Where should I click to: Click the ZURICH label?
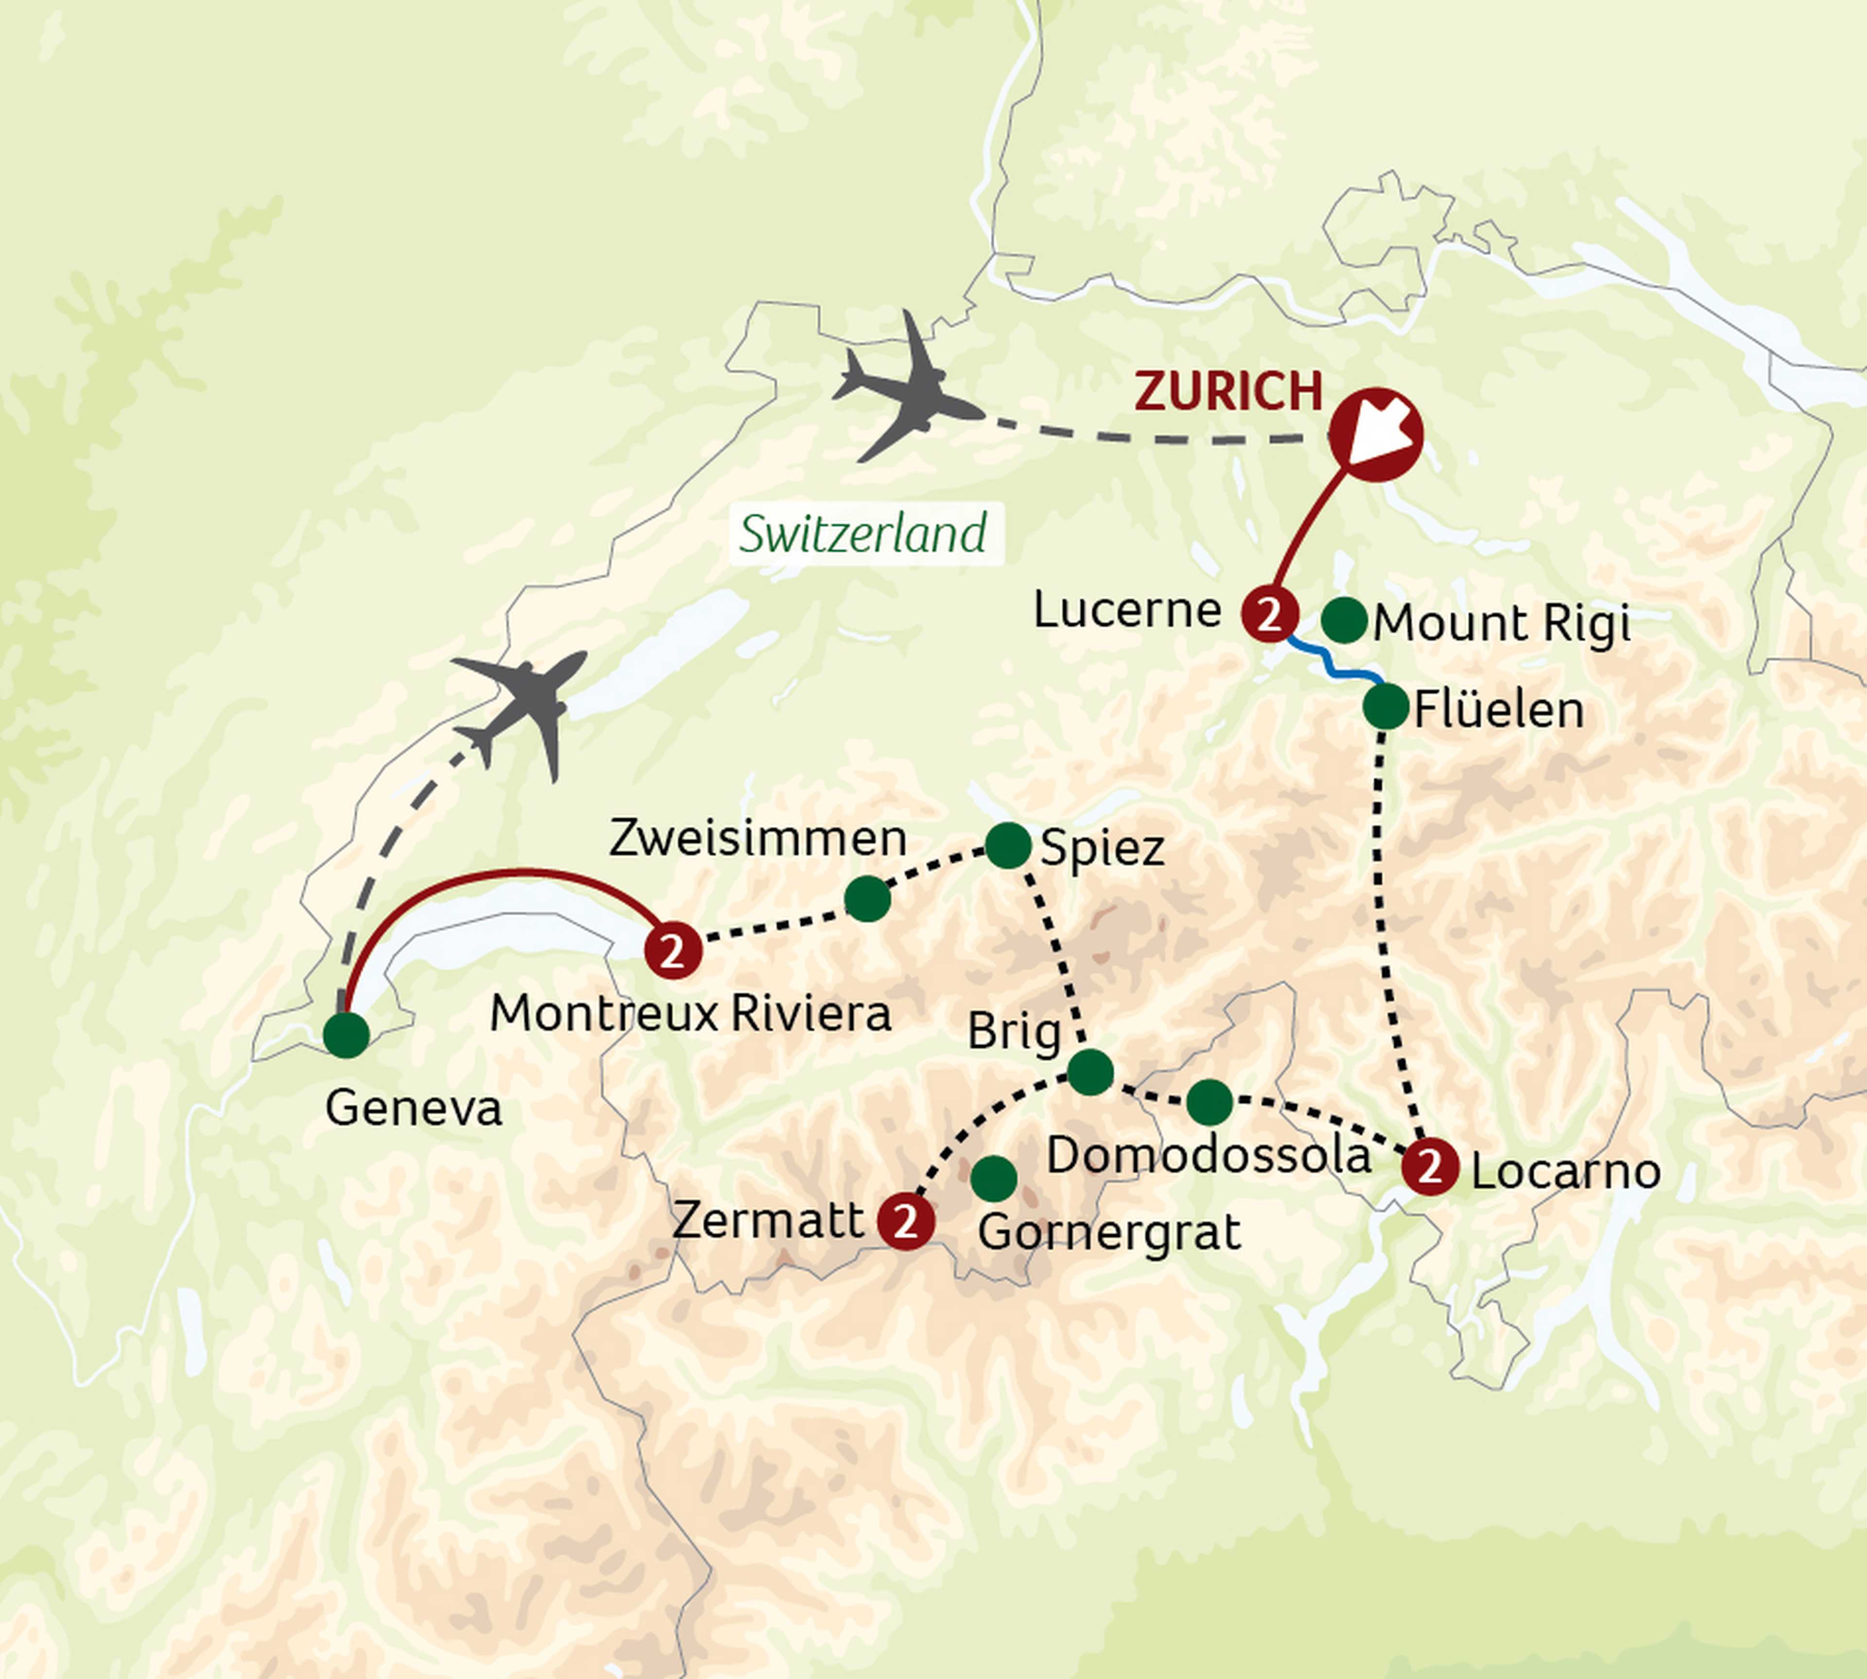click(x=1228, y=392)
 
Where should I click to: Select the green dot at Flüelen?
click(x=1385, y=707)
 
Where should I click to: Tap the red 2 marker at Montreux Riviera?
click(x=673, y=950)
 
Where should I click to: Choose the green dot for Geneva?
click(x=347, y=1035)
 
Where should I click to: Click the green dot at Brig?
click(x=1090, y=1072)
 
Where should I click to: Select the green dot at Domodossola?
click(x=1209, y=1102)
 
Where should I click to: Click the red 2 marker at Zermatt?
click(x=905, y=1221)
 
